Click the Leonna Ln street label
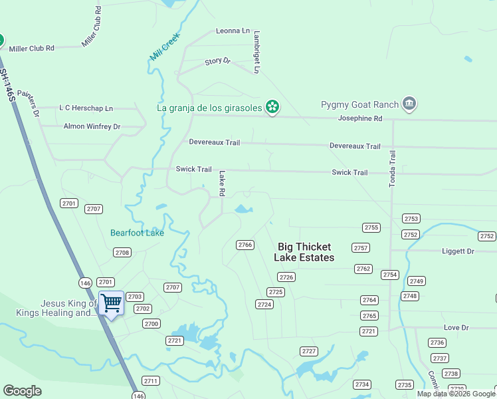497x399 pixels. click(x=233, y=31)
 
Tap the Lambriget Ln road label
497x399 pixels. click(x=256, y=51)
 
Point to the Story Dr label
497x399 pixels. click(x=217, y=61)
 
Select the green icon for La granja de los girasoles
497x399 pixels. click(x=272, y=106)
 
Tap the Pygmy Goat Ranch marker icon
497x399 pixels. click(x=409, y=104)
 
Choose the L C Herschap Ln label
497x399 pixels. click(x=86, y=108)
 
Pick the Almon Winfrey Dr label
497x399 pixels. click(x=92, y=126)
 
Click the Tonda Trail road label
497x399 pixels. click(x=392, y=168)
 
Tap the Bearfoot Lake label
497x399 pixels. click(x=137, y=233)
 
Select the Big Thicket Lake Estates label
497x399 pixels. click(x=306, y=252)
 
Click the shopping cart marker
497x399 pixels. click(x=111, y=303)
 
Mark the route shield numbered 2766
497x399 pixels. click(x=245, y=245)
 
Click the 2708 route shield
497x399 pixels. click(x=122, y=252)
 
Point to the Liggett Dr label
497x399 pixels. click(x=458, y=251)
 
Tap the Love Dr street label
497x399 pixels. click(x=456, y=328)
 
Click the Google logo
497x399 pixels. click(x=22, y=391)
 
